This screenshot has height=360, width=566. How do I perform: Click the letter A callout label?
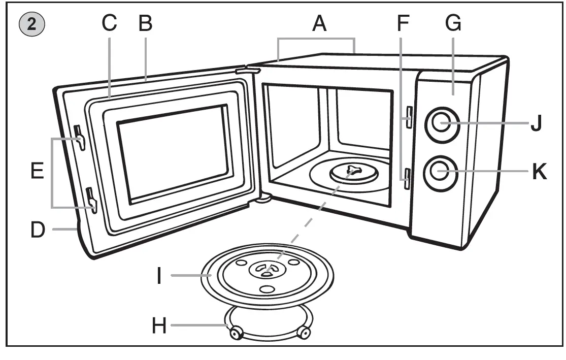point(319,23)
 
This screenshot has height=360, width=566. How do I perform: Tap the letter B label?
point(145,23)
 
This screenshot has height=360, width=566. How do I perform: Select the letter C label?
point(109,23)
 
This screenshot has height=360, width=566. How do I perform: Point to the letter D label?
point(38,230)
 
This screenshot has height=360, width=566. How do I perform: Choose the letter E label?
point(37,171)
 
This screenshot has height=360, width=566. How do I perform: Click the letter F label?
point(402,23)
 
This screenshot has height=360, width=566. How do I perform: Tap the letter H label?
point(159,325)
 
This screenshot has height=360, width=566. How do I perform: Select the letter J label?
point(537,123)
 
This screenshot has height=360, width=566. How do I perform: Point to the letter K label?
point(539,173)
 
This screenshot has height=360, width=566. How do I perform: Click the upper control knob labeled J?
point(442,123)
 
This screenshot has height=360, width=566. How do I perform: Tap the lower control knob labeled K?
point(440,173)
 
